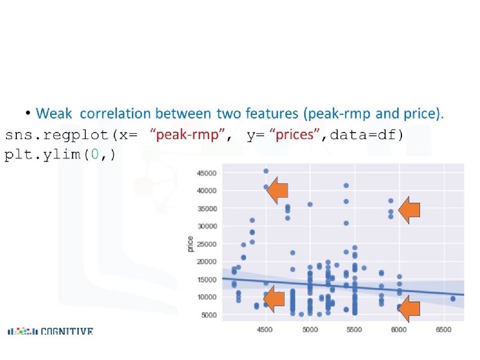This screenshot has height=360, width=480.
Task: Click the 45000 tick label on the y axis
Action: [x=207, y=173]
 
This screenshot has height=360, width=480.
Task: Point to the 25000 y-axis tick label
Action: [x=207, y=244]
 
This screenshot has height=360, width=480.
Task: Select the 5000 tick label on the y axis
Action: [x=209, y=315]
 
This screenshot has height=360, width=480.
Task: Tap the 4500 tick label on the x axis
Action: [x=265, y=330]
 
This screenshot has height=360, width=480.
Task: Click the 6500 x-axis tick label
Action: [x=444, y=330]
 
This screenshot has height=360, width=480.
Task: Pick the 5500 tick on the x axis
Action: [x=354, y=330]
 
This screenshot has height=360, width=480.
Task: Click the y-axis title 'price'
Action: [x=190, y=244]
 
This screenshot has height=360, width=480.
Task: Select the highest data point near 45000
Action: [x=266, y=171]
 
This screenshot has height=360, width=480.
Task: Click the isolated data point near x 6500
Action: [x=453, y=299]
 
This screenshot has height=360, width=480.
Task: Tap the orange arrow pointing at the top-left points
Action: [x=277, y=190]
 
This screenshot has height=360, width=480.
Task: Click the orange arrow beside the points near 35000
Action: [x=409, y=210]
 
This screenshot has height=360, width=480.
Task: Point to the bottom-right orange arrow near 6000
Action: [x=409, y=309]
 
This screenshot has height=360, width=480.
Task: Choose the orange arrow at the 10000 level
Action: [x=274, y=299]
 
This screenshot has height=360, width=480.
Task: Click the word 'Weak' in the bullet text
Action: [x=54, y=113]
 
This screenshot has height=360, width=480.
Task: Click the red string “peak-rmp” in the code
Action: [x=187, y=135]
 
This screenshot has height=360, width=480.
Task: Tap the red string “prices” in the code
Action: [x=294, y=135]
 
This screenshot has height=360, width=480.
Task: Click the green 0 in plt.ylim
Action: [x=95, y=154]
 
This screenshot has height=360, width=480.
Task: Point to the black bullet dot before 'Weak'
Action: [x=28, y=113]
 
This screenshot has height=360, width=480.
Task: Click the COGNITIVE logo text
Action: [x=67, y=331]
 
